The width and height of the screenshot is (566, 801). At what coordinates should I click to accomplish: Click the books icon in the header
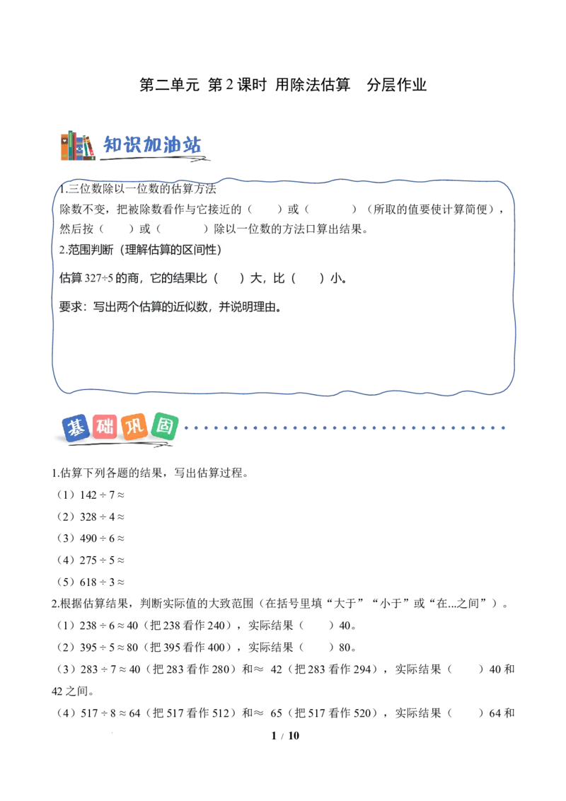pyautogui.click(x=76, y=146)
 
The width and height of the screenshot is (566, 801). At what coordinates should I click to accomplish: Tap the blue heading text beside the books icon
pyautogui.click(x=154, y=144)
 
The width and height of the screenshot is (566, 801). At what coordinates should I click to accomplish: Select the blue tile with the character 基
pyautogui.click(x=75, y=428)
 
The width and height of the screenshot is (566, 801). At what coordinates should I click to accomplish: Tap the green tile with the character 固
pyautogui.click(x=164, y=427)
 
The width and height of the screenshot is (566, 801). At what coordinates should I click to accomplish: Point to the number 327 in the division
pyautogui.click(x=93, y=279)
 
